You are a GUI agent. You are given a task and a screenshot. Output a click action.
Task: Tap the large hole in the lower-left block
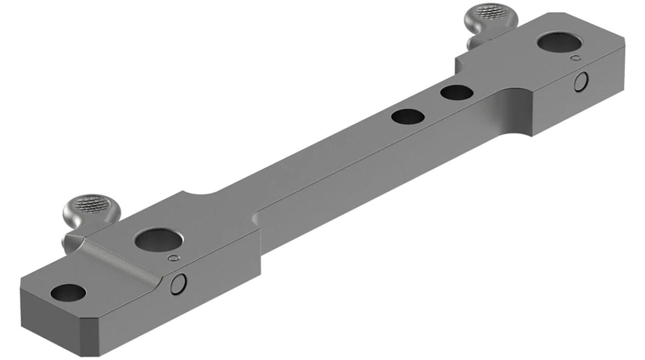(158, 240)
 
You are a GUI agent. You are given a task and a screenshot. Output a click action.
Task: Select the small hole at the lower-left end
(68, 293)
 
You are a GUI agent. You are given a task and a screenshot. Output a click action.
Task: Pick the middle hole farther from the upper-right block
(408, 116)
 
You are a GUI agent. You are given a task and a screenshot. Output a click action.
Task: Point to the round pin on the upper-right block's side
(581, 82)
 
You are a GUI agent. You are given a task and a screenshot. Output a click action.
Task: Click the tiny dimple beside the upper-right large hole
(575, 57)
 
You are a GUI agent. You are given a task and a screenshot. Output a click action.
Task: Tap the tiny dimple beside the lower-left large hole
(173, 258)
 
